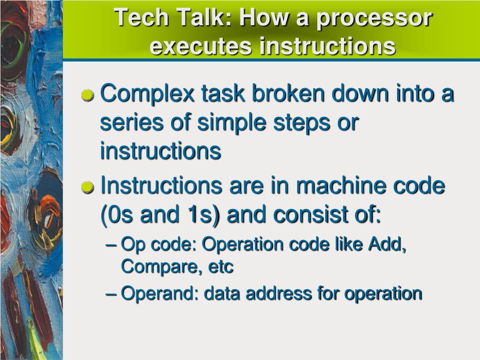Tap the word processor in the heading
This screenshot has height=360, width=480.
[x=374, y=19]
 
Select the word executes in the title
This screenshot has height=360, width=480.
[x=201, y=46]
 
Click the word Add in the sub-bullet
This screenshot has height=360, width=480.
[x=387, y=244]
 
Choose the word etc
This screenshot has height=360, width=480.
[x=221, y=267]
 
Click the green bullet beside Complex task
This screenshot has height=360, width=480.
[x=88, y=96]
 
